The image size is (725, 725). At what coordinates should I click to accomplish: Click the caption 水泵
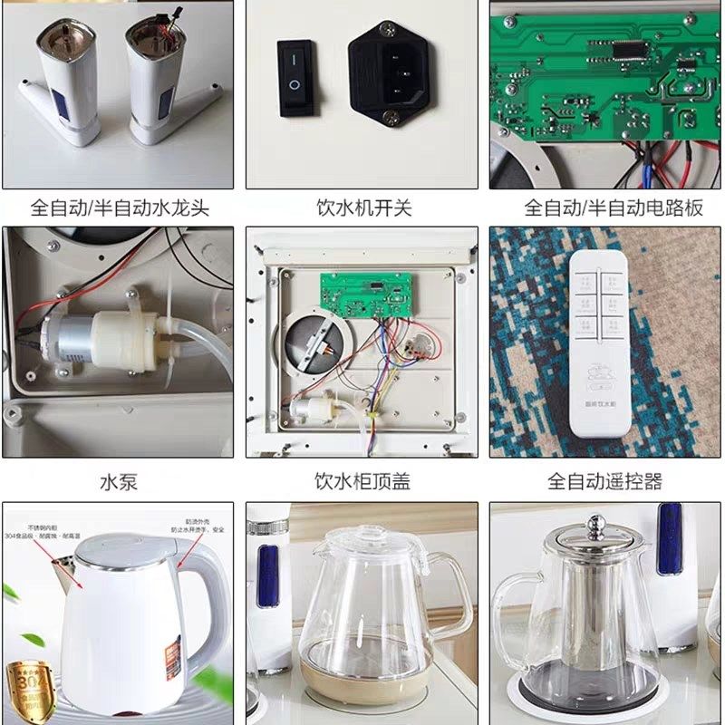click(x=119, y=481)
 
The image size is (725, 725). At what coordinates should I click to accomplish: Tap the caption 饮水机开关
click(x=363, y=208)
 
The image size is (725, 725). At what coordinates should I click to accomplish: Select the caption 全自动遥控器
click(x=604, y=481)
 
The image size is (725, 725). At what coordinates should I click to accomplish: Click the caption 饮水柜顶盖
click(x=362, y=481)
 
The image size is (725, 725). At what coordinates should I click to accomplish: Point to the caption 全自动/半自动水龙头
click(x=119, y=208)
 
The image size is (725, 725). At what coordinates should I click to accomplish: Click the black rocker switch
click(x=295, y=77)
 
